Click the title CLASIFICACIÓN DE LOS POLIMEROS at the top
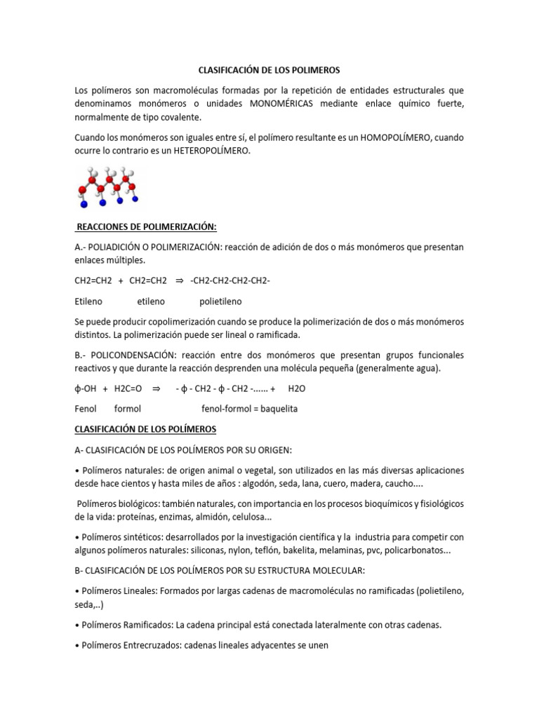[x=269, y=70]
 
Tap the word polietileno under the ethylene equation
[x=220, y=302]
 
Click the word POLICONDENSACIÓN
[x=131, y=355]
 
